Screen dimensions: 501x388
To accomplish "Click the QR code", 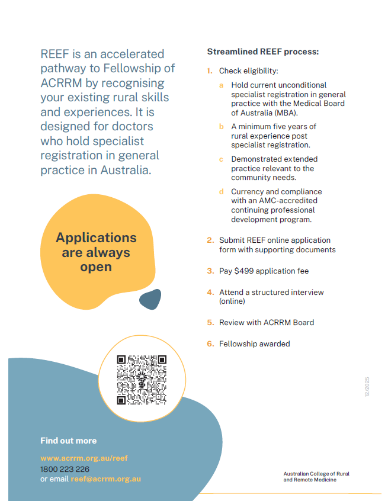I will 142,380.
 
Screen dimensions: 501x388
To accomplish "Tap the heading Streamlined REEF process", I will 262,52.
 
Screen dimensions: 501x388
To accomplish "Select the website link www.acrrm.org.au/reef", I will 84,458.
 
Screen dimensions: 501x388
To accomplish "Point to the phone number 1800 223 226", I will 65,469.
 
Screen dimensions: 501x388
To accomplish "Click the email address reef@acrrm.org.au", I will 106,479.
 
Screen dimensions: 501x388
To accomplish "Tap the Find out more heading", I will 68,441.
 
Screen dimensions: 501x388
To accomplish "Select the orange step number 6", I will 210,344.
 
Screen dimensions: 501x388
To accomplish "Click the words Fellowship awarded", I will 255,344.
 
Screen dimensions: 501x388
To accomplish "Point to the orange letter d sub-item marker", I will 222,192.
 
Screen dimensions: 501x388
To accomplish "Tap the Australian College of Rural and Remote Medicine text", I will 316,477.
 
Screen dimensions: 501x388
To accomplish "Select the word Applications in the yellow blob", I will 96,237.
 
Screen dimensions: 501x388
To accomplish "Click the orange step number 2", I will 210,240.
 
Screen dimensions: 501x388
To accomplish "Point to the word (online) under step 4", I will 232,301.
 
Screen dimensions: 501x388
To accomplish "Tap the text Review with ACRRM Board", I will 267,323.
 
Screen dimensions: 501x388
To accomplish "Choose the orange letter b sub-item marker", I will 222,127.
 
